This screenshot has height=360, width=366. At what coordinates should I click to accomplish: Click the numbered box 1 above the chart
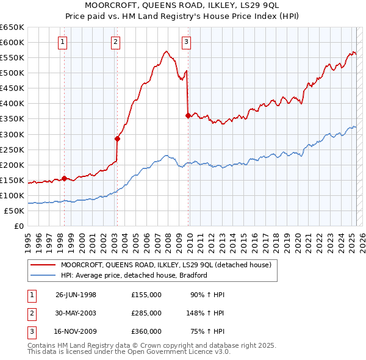pyautogui.click(x=63, y=42)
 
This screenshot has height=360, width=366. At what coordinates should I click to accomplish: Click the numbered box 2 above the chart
pyautogui.click(x=115, y=42)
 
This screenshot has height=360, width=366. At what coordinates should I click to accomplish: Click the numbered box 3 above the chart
pyautogui.click(x=186, y=42)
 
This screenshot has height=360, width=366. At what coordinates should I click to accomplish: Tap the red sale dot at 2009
pyautogui.click(x=188, y=115)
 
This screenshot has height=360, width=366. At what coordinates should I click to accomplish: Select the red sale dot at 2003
pyautogui.click(x=118, y=139)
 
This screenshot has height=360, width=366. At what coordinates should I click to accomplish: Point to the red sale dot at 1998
pyautogui.click(x=65, y=178)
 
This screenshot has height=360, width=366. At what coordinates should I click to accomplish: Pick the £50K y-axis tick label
pyautogui.click(x=15, y=211)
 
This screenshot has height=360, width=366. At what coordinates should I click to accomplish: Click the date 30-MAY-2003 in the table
pyautogui.click(x=76, y=313)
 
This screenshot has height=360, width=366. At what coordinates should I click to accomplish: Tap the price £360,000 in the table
pyautogui.click(x=146, y=331)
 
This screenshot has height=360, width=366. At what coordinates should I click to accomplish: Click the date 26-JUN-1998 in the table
pyautogui.click(x=76, y=295)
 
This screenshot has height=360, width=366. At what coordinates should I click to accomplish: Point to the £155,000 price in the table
pyautogui.click(x=146, y=295)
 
